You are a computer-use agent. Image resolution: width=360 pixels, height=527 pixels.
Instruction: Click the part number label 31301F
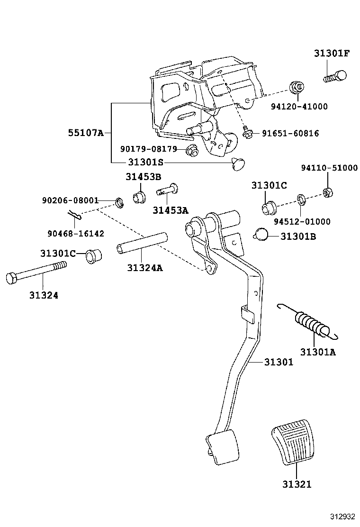point(331,53)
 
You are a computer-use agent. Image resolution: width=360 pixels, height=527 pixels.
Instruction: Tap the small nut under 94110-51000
point(326,192)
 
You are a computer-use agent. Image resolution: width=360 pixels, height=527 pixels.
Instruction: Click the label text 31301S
point(145,162)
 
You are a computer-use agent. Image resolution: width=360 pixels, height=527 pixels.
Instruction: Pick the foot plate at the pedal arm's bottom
point(222,446)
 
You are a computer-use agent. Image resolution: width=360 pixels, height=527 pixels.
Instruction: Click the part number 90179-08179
point(148,149)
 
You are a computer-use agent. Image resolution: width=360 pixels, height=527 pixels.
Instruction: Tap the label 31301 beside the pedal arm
point(279,362)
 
